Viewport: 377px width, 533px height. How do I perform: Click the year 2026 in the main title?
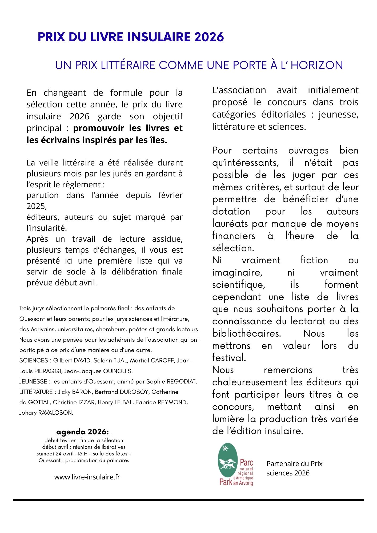coord(209,37)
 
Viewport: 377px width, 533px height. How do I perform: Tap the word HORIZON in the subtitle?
coord(316,65)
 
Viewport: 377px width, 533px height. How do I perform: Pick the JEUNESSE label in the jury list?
coord(33,382)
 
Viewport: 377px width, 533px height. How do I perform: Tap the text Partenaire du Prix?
coord(294,464)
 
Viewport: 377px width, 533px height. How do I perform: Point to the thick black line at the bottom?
coord(188,500)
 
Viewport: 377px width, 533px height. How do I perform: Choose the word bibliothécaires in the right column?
coord(247,333)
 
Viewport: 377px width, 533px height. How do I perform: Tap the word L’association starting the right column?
coord(239,90)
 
